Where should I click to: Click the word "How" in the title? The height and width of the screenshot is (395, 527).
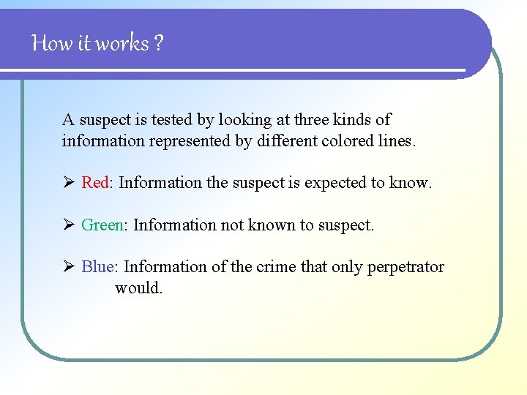pos(52,44)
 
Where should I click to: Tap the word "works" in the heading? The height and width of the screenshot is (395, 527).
pos(122,44)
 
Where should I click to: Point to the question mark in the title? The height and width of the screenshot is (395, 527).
pos(158,44)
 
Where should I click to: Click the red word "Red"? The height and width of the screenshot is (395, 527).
pos(94,183)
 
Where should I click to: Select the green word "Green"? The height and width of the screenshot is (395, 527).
pos(102,225)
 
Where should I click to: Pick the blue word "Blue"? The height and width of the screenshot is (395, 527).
pos(97,267)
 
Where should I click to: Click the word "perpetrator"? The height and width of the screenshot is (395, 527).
pos(405,267)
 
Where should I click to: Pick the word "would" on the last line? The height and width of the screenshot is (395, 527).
pos(137,287)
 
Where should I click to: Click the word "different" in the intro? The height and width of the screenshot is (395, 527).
pos(287,140)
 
